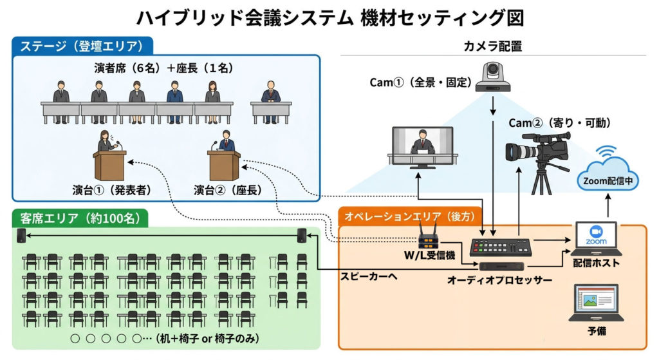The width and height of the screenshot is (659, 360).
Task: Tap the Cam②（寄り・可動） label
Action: pos(559,122)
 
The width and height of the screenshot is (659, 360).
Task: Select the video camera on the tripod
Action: pos(539,158)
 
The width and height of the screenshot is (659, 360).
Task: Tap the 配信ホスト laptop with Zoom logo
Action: pos(598,239)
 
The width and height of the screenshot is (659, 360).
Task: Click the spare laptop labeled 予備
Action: pos(596,303)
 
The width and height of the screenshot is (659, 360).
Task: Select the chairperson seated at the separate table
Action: pos(270,95)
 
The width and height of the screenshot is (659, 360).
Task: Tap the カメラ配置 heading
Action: pos(492,46)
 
